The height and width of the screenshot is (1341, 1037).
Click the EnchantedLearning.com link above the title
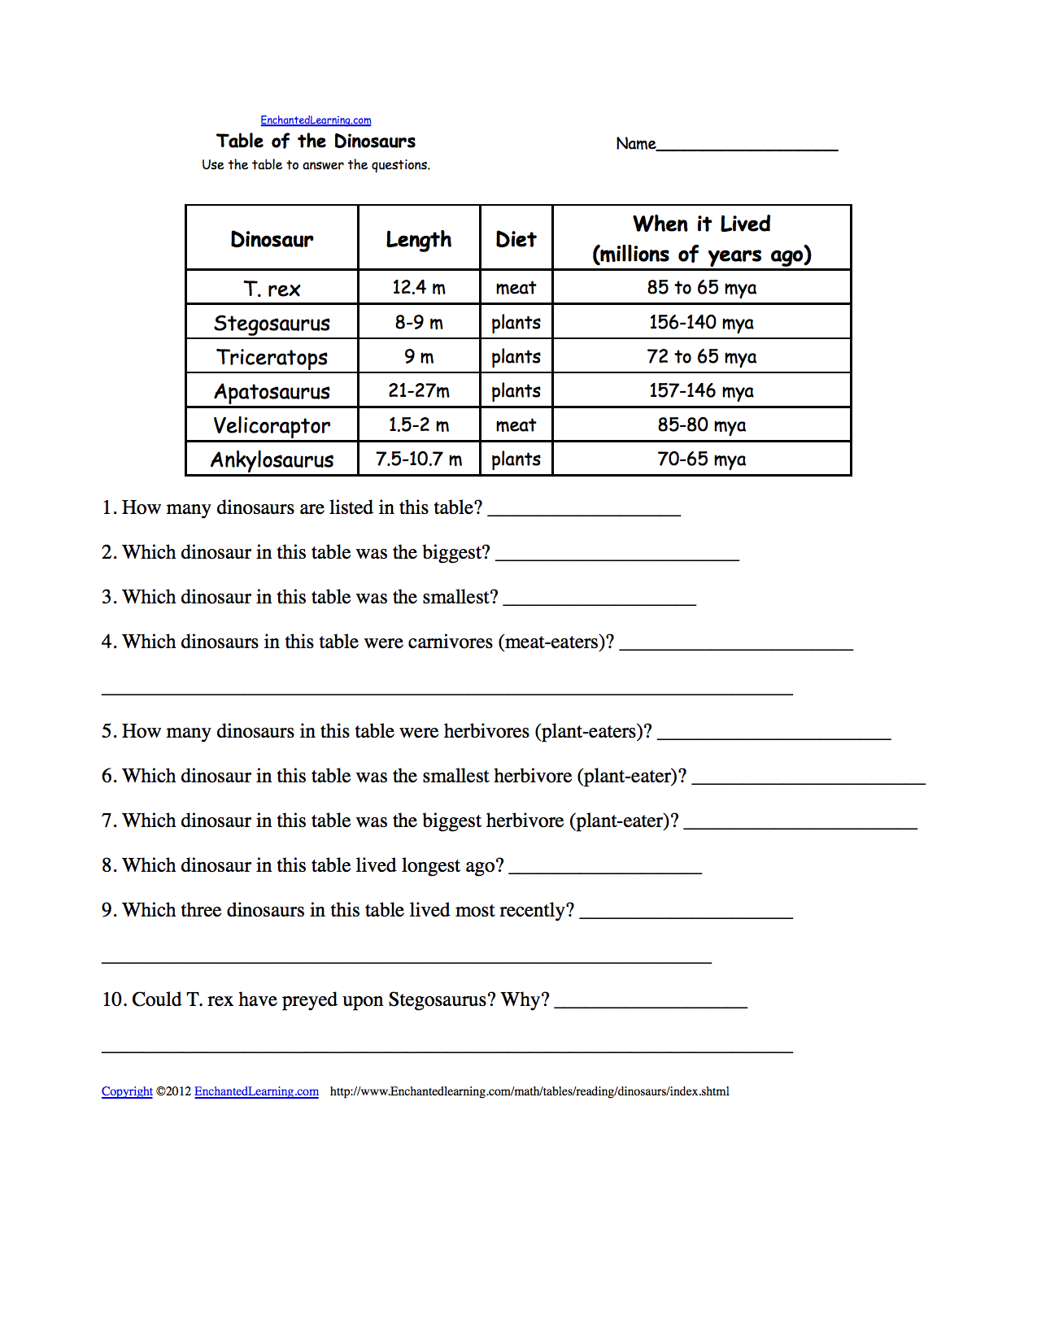click(316, 120)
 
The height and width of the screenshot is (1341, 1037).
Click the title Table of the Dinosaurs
click(316, 142)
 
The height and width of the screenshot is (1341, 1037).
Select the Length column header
click(418, 239)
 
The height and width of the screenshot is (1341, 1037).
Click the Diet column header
click(516, 239)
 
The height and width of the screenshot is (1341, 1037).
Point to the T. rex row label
click(272, 289)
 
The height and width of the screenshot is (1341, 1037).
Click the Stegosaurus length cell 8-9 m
click(419, 323)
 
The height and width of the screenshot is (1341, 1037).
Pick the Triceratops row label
click(272, 357)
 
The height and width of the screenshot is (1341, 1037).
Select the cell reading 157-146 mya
click(701, 391)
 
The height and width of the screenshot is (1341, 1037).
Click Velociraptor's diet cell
click(516, 425)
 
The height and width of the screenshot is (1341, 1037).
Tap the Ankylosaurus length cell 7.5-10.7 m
click(419, 459)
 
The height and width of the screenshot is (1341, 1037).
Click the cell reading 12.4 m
click(419, 288)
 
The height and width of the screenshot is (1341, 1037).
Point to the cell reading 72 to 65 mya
click(701, 357)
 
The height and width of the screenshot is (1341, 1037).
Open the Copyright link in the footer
click(127, 1091)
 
